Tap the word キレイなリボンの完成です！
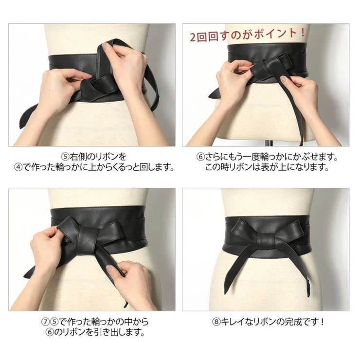270,322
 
